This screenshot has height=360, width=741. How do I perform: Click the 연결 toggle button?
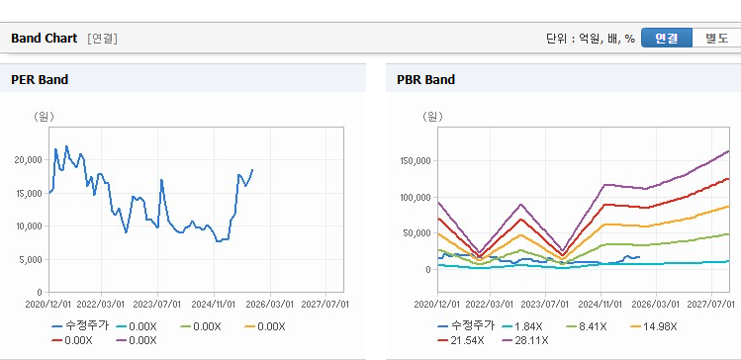[x=667, y=39]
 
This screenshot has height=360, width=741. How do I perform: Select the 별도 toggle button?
[x=716, y=39]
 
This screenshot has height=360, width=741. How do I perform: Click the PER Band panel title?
[x=40, y=80]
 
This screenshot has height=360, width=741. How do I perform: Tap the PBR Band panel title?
[x=425, y=80]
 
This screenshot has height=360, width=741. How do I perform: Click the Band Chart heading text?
[x=44, y=39]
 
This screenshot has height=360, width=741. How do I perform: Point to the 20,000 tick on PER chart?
[x=30, y=160]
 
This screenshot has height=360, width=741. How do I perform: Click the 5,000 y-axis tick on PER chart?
[x=32, y=259]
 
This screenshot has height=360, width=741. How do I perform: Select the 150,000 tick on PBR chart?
[x=415, y=160]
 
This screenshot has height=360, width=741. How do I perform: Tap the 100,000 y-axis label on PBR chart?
[x=415, y=197]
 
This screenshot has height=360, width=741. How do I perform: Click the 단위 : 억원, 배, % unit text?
[x=591, y=39]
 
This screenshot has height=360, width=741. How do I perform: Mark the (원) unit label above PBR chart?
[x=432, y=117]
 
